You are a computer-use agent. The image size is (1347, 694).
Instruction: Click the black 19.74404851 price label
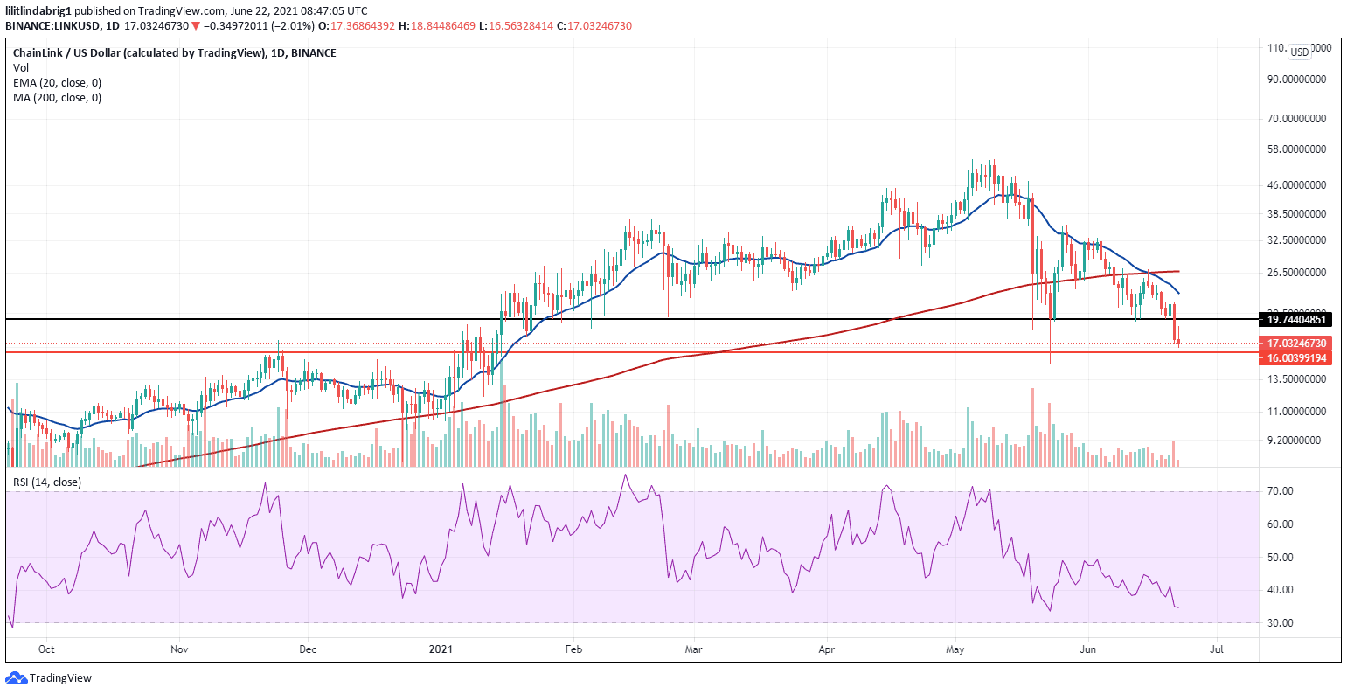pyautogui.click(x=1293, y=320)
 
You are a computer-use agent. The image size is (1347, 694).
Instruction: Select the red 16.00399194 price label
pyautogui.click(x=1293, y=358)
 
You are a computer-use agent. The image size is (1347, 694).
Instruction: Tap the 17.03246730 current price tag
pyautogui.click(x=1293, y=344)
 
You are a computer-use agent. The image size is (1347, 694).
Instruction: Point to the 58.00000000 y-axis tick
pyautogui.click(x=1297, y=149)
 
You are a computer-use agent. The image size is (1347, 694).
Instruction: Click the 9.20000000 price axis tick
pyautogui.click(x=1297, y=441)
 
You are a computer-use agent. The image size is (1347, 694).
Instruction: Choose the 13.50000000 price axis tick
pyautogui.click(x=1297, y=379)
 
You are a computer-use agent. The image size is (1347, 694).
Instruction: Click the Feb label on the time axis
pyautogui.click(x=573, y=649)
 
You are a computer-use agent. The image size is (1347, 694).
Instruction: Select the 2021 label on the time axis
pyautogui.click(x=441, y=649)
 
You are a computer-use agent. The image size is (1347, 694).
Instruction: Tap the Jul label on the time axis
pyautogui.click(x=1216, y=649)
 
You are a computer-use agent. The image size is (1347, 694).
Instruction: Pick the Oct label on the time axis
pyautogui.click(x=47, y=649)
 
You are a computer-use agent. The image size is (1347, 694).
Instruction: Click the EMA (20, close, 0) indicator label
pyautogui.click(x=57, y=82)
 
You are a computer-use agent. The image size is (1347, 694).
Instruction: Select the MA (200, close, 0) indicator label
pyautogui.click(x=57, y=97)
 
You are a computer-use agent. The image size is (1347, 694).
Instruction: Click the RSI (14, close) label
pyautogui.click(x=46, y=482)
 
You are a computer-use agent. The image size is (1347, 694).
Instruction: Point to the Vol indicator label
pyautogui.click(x=20, y=67)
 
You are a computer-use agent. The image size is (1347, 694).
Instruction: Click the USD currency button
pyautogui.click(x=1300, y=52)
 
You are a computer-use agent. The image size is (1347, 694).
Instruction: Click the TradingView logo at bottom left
pyautogui.click(x=49, y=677)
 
